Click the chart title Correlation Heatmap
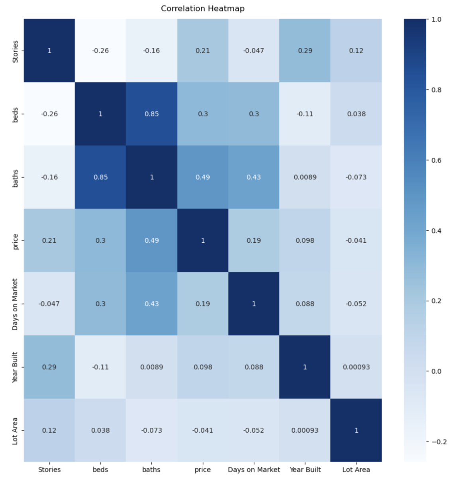(x=202, y=8)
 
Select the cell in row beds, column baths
(x=151, y=114)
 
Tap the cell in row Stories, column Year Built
(x=305, y=51)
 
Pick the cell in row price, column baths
(x=151, y=240)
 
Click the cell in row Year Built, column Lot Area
(x=356, y=367)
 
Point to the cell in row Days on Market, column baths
(x=151, y=304)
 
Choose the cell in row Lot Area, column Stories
(x=49, y=430)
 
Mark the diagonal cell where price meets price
(x=203, y=240)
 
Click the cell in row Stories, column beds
(x=100, y=51)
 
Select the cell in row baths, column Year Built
(x=305, y=177)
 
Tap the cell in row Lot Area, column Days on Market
(x=254, y=430)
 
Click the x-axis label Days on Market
(x=254, y=469)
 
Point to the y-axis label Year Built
(x=15, y=367)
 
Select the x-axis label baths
(x=151, y=469)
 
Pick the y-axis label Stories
(x=15, y=51)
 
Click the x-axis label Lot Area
(x=356, y=469)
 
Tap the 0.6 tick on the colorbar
(x=437, y=160)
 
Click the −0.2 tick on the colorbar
(x=439, y=442)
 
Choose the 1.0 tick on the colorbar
(x=437, y=19)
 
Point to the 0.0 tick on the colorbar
(x=437, y=371)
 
